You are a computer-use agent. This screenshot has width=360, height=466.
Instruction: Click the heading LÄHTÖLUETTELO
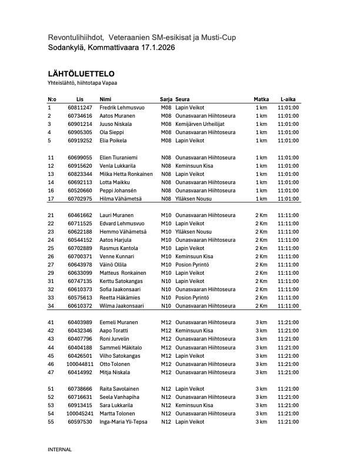click(81, 74)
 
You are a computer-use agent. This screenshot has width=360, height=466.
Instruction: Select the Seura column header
click(182, 99)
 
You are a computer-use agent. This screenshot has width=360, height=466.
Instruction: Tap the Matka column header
click(261, 99)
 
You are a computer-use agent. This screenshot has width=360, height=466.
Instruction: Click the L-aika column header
click(288, 99)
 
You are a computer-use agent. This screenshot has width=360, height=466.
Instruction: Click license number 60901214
click(80, 124)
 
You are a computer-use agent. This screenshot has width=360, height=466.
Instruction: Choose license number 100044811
click(80, 364)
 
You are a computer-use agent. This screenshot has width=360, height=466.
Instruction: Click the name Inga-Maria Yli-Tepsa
click(124, 422)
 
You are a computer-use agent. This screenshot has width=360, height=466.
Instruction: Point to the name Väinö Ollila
click(114, 265)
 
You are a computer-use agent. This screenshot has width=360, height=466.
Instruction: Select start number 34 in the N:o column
click(51, 306)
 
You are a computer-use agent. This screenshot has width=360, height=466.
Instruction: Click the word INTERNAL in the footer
click(59, 450)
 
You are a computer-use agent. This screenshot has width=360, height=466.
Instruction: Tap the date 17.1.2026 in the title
click(152, 47)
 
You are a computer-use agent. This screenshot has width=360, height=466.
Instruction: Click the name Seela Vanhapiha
click(119, 397)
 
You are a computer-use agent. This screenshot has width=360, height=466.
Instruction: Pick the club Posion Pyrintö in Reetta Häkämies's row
click(195, 298)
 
